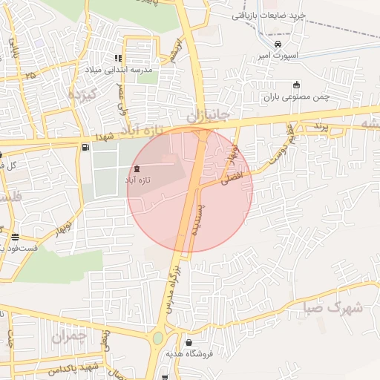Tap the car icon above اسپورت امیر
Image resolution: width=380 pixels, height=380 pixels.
[277, 45]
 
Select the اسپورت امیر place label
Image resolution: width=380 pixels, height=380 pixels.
[277, 55]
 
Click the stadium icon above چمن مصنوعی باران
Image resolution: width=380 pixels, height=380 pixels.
[297, 85]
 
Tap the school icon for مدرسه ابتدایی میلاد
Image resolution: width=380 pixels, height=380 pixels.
[117, 59]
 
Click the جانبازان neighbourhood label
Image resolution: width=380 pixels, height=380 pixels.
[203, 116]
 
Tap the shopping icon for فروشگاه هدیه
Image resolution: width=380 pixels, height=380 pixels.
[190, 342]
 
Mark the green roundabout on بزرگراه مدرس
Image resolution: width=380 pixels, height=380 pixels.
[158, 339]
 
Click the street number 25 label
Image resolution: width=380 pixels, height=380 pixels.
[30, 75]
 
